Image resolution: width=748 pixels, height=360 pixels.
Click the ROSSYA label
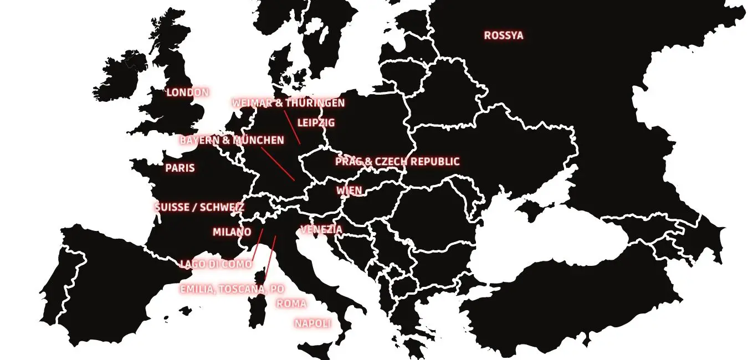tap(503, 35)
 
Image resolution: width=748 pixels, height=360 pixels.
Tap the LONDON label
tap(188, 92)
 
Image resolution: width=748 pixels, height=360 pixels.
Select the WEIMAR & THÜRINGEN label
tap(288, 103)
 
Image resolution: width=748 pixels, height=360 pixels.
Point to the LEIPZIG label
tap(316, 122)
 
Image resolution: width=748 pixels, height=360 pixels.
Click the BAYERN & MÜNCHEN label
tap(232, 141)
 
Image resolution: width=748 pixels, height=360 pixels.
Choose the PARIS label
tap(180, 168)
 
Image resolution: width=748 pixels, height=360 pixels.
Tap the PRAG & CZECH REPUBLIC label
tap(397, 162)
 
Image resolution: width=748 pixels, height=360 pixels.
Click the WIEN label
tap(349, 191)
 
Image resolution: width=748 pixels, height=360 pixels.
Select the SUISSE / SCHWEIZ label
tap(199, 207)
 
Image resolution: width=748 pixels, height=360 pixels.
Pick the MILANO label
tap(232, 232)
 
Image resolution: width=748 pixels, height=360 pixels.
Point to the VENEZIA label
tap(321, 229)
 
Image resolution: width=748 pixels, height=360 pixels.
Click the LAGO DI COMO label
tap(216, 264)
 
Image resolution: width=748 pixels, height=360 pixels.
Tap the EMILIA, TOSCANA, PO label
tap(232, 289)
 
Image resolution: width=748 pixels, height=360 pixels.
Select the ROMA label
tap(291, 304)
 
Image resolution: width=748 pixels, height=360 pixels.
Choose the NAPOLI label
tap(312, 323)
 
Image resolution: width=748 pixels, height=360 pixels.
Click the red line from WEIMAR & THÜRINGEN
tap(292, 127)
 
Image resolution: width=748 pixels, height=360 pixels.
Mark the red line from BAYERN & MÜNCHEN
tap(278, 163)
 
